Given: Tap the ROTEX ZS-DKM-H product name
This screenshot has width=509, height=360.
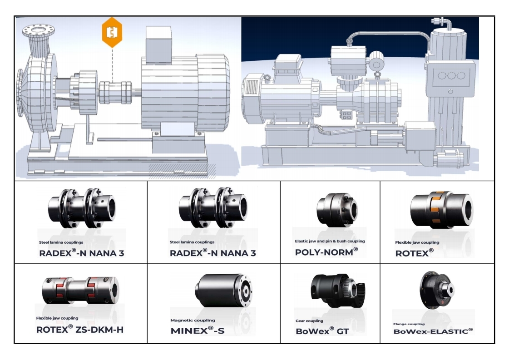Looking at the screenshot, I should coord(79,329).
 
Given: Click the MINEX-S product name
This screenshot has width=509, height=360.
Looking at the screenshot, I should coord(197,330).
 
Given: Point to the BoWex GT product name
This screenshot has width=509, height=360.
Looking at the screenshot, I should coord(322,331).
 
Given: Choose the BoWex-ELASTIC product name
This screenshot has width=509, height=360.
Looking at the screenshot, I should coord(433,331).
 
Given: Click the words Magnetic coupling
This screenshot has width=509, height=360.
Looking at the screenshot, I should coord(193,320).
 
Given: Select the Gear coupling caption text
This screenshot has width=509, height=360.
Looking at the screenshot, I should coord(309,321).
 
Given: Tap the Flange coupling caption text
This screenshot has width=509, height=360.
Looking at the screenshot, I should coord(409,324).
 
